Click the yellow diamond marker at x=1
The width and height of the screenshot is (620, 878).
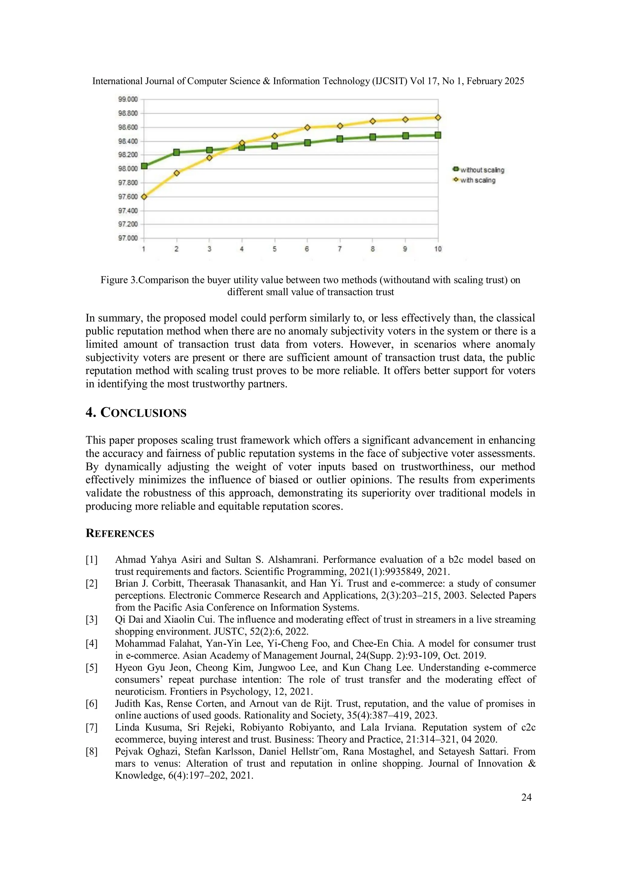tap(144, 197)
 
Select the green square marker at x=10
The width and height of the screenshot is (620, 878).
tap(438, 135)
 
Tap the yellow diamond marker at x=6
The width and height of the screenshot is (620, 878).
tap(307, 127)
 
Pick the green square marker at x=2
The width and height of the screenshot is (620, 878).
tap(176, 152)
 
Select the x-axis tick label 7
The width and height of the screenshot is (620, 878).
tap(340, 249)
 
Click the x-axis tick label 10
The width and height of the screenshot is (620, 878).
tap(438, 249)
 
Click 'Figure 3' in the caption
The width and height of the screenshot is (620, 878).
tap(118, 280)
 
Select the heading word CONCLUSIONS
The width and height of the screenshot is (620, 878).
tap(143, 413)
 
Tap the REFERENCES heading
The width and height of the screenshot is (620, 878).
tap(120, 533)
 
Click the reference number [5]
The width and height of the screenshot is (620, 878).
tap(91, 668)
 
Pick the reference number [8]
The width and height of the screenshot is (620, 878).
tap(91, 751)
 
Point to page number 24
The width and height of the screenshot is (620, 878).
tap(526, 797)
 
